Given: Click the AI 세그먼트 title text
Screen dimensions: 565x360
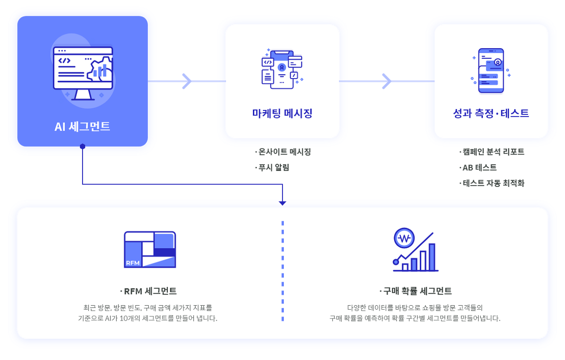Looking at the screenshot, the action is coord(82,126).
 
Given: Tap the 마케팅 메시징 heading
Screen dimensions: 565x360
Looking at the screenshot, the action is coord(282,113).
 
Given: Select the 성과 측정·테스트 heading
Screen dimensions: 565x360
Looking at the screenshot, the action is coord(491,113).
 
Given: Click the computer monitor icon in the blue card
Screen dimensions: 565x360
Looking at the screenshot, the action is coord(83,73).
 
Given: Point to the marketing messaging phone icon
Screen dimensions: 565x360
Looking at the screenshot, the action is coord(282,68).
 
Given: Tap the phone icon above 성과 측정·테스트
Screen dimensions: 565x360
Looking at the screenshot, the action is coord(491,71).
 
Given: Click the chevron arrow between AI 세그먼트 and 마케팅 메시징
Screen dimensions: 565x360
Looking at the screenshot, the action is coord(187,81).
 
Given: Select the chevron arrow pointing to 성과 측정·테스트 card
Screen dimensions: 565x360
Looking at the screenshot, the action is coord(387,81).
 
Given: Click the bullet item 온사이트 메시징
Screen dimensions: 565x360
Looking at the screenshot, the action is coord(283,152).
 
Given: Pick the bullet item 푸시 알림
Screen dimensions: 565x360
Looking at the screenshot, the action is coord(272,167).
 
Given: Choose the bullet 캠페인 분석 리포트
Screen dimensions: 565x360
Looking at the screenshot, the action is coord(492,152).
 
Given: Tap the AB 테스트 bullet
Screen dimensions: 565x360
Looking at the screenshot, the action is coord(478,167).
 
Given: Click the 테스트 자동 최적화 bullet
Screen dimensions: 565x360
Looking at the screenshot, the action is coord(492,183).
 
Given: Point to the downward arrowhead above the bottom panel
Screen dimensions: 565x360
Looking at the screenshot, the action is coord(282,203).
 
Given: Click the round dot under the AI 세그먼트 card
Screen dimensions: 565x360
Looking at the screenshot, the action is coord(83,146).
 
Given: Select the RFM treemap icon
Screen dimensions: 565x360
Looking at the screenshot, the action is coord(150,250).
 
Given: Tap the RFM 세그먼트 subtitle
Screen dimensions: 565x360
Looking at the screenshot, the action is coord(148,291).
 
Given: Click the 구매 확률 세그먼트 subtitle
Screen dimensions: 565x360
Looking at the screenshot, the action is coord(415,291).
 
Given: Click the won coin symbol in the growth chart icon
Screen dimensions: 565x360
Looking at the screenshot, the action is coord(404,238).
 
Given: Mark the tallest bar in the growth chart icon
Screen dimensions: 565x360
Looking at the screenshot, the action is coord(432,257).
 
